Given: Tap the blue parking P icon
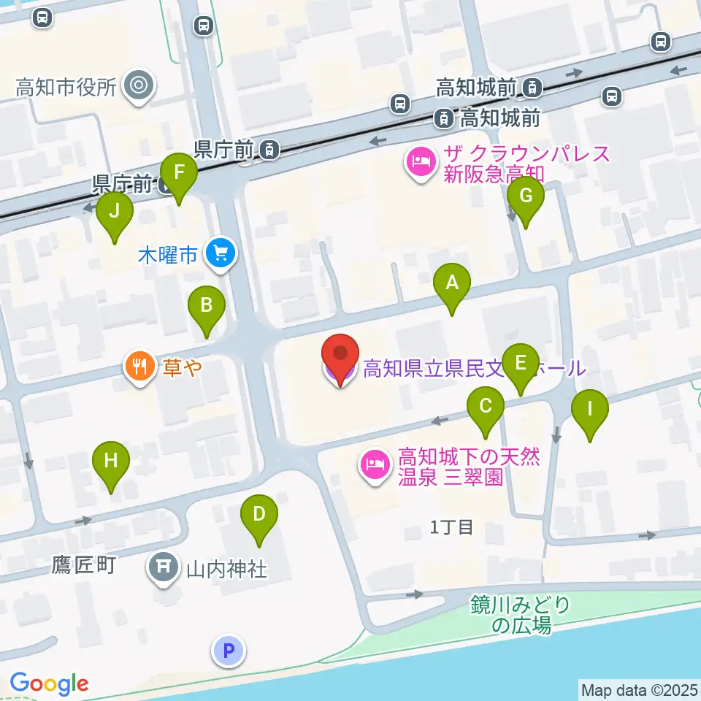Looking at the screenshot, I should [229, 650].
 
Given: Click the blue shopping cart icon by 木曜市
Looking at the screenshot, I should [221, 254].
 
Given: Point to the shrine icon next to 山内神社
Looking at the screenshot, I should [164, 568].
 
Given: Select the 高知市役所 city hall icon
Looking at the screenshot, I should [138, 87].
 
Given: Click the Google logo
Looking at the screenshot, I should [49, 683].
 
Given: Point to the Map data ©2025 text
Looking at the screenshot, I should [639, 689].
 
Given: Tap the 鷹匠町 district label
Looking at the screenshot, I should [83, 566].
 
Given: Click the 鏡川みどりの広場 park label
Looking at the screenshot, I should [519, 614].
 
